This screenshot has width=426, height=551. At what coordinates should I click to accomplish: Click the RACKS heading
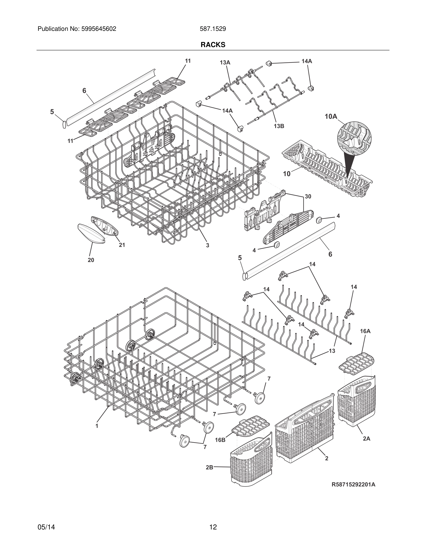click(x=213, y=45)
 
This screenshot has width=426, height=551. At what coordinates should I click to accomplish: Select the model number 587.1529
click(x=213, y=29)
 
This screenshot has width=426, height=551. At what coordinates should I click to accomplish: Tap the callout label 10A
click(x=331, y=116)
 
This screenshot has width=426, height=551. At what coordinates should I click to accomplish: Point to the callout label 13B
click(x=279, y=126)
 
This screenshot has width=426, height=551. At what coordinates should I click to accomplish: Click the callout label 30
click(x=308, y=196)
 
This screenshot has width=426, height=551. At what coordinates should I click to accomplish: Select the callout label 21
click(x=122, y=245)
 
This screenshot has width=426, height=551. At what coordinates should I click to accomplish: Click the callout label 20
click(x=91, y=260)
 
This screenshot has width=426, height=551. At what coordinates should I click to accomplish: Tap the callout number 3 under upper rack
click(x=207, y=245)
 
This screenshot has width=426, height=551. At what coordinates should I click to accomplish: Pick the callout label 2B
click(x=209, y=467)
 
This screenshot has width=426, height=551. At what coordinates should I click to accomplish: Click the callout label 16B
click(x=220, y=440)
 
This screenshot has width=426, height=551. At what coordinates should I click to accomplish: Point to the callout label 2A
click(x=366, y=439)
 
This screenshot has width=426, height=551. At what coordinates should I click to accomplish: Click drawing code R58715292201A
click(x=353, y=484)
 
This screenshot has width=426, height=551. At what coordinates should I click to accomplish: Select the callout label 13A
click(x=225, y=63)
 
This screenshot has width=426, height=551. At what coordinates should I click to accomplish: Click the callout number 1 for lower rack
click(x=97, y=426)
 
